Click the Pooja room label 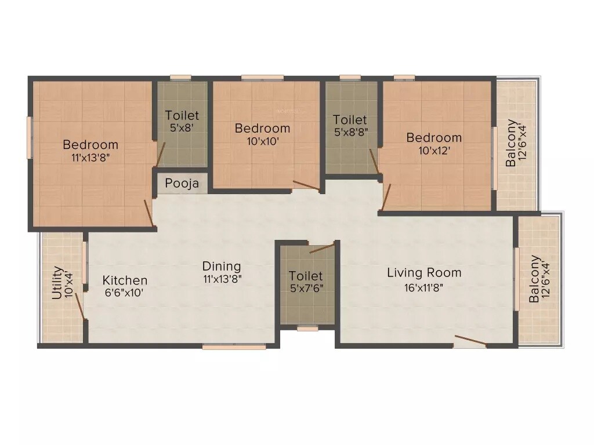coord(182,184)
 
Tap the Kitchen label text coord(125,280)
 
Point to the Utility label coord(57,282)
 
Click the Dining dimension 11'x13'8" coord(222,278)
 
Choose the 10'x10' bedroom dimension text coord(262,140)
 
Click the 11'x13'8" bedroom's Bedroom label coord(90,144)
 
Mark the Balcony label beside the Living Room coord(535,279)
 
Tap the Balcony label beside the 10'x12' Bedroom coord(511,143)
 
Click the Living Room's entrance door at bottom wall coord(470,341)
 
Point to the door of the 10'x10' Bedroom coord(305,186)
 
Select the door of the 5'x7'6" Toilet coord(321,249)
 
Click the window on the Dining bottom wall coord(234,346)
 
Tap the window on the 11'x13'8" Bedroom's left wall coord(29,137)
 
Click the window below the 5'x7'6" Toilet coord(307,329)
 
